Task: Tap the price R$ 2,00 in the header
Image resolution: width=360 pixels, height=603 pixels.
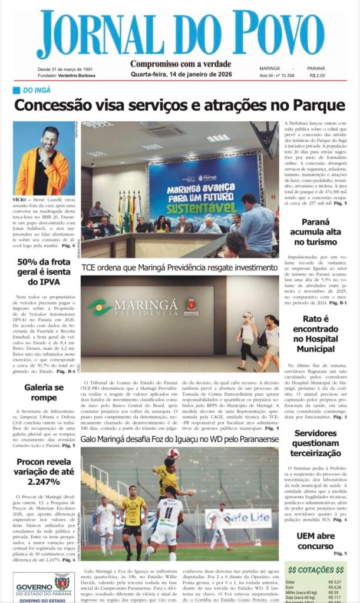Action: tap(316, 75)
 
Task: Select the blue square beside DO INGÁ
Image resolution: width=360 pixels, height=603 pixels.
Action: tap(16, 90)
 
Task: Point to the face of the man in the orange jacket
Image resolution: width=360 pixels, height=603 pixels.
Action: tap(50, 139)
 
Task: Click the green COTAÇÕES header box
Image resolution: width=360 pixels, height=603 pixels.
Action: tap(315, 570)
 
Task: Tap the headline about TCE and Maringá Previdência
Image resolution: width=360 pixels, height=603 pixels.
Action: tap(179, 267)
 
